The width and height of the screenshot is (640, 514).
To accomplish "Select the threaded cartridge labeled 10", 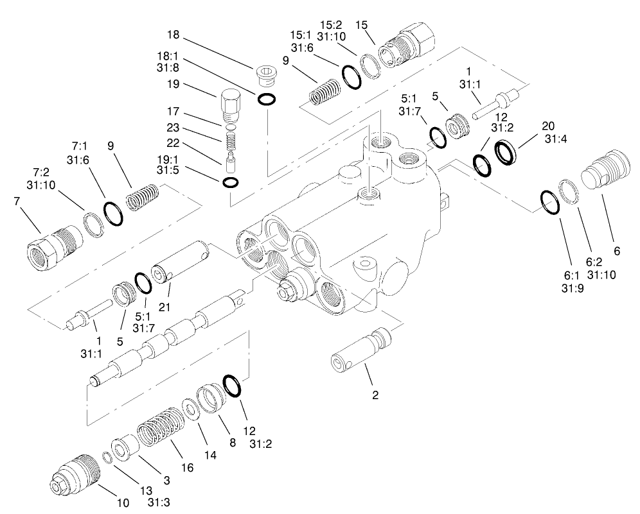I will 76,474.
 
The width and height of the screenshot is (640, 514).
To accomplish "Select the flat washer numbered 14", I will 190,408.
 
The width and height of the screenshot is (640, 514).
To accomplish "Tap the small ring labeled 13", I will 108,457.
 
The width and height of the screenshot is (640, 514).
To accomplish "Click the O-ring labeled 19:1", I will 231,183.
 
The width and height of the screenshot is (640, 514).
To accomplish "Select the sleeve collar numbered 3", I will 125,447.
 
